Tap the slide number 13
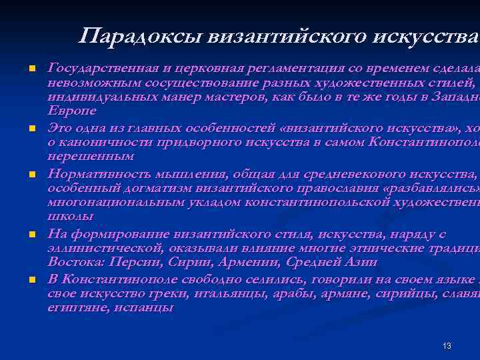coord(447,345)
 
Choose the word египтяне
coord(77,308)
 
